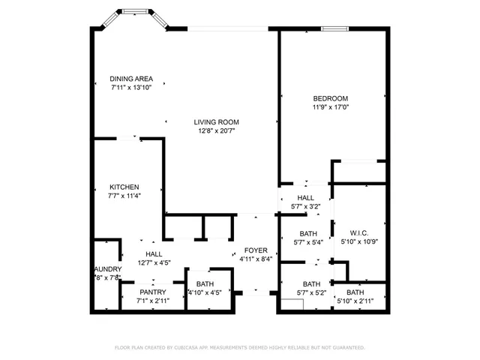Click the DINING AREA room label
click(x=131, y=79)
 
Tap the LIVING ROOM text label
click(x=216, y=122)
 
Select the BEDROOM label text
click(x=330, y=98)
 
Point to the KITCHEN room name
click(x=124, y=187)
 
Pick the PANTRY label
click(x=153, y=291)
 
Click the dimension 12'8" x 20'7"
click(x=216, y=131)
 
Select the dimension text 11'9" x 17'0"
click(x=330, y=107)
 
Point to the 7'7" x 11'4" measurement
click(x=124, y=196)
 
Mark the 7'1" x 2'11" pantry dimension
click(x=153, y=300)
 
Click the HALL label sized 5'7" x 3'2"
click(x=304, y=197)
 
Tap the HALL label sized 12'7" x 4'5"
click(x=154, y=254)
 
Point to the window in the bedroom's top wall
click(x=334, y=29)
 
